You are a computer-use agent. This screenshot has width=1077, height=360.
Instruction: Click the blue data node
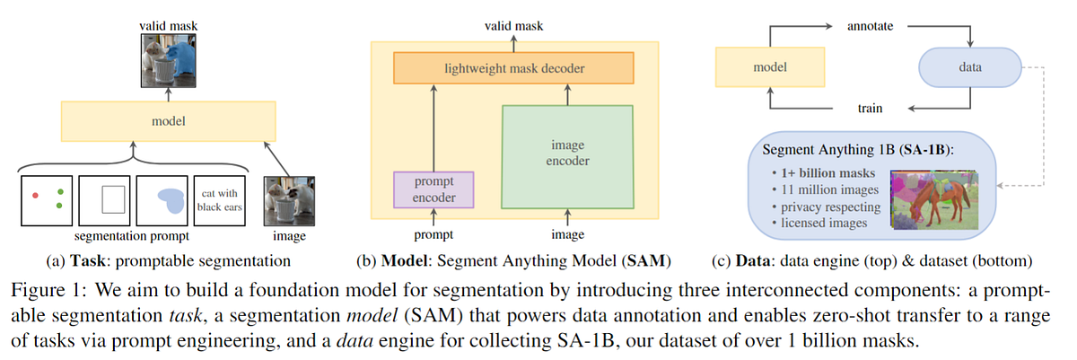970,67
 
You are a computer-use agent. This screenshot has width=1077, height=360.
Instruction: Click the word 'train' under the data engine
870,109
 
